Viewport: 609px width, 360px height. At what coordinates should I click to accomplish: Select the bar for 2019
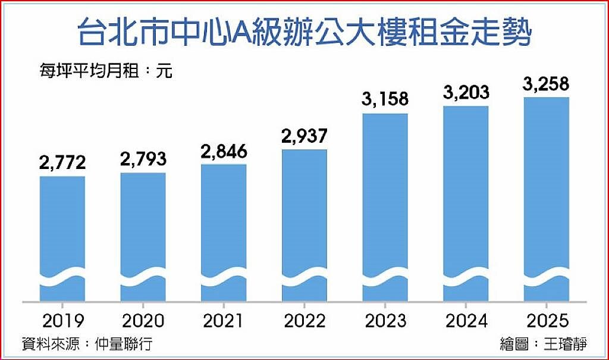coord(62,238)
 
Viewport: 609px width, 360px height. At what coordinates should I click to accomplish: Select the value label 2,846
coord(224,151)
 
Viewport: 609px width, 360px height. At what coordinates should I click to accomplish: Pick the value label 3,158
coord(385,99)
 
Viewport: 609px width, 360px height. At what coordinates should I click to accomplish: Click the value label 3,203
coord(466,92)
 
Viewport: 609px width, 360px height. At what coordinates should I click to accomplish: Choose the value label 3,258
coord(547,83)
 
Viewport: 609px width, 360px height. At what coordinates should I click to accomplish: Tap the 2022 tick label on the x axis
coord(304,321)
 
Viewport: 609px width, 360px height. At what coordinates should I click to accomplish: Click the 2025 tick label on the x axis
coord(547,321)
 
